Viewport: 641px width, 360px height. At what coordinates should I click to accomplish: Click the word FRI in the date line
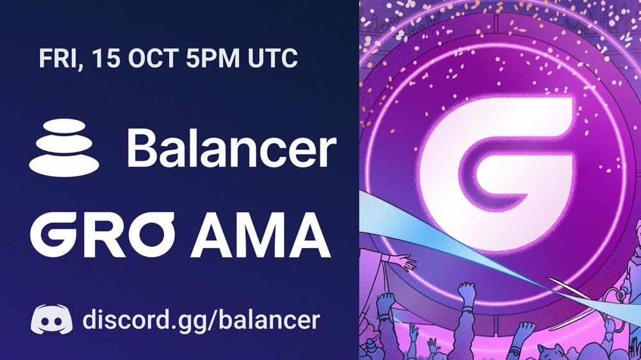pyautogui.click(x=60, y=59)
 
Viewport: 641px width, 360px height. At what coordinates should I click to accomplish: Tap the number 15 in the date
pyautogui.click(x=106, y=58)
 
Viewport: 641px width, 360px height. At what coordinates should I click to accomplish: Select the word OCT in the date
pyautogui.click(x=153, y=58)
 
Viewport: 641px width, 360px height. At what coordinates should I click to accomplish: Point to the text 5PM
pyautogui.click(x=213, y=58)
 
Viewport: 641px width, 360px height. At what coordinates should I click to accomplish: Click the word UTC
pyautogui.click(x=272, y=58)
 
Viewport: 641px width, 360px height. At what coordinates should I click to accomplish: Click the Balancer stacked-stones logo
pyautogui.click(x=64, y=147)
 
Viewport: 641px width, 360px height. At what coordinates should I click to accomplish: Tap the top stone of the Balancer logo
pyautogui.click(x=64, y=126)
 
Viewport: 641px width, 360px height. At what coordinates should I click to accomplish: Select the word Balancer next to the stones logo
pyautogui.click(x=232, y=148)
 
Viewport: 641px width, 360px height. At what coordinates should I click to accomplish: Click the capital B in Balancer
pyautogui.click(x=142, y=148)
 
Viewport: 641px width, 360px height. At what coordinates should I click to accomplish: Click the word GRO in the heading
pyautogui.click(x=102, y=234)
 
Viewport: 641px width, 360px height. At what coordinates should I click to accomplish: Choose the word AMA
pyautogui.click(x=260, y=235)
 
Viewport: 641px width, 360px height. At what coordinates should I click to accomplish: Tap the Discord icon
pyautogui.click(x=51, y=319)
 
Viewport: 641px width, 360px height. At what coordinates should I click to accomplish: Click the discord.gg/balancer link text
pyautogui.click(x=201, y=320)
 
